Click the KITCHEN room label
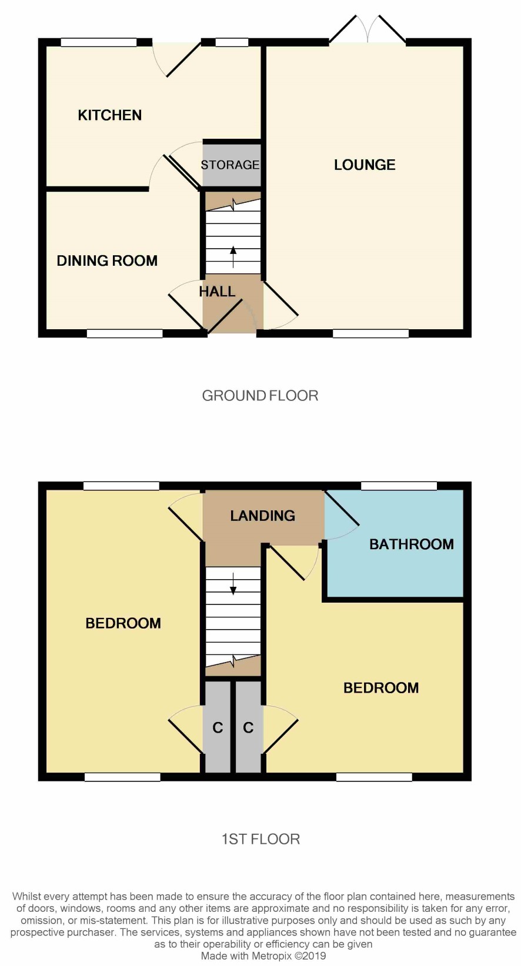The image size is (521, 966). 109,115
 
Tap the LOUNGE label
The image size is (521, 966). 365,165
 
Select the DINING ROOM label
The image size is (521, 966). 107,260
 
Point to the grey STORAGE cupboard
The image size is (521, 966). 232,165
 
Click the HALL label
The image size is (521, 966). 217,292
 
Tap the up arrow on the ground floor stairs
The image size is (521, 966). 233,256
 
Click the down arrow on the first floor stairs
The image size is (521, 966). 233,584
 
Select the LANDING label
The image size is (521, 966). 263,516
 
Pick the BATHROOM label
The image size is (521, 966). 412,544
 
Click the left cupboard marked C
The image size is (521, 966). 218,727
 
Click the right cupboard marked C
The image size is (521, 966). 248,727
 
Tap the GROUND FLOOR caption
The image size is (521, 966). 260,396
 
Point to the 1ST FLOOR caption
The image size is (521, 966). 260,839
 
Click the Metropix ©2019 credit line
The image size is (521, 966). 263,955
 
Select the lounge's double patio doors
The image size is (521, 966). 367,29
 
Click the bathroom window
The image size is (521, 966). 399,486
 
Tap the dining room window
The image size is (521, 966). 125,333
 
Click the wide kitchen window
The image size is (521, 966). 99,42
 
